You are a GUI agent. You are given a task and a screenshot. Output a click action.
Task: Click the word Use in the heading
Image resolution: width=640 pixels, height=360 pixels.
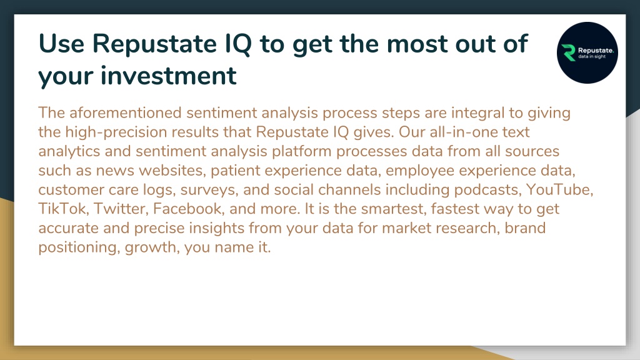point(61,43)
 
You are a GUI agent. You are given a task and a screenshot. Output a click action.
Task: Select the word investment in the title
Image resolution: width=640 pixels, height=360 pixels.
point(168,76)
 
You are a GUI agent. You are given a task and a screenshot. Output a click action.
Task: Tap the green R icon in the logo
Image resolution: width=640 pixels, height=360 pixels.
point(568,52)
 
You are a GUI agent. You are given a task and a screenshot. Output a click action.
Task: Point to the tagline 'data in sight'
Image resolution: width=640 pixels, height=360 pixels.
point(592,57)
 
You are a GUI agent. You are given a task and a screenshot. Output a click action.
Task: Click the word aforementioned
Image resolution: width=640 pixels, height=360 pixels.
point(125,112)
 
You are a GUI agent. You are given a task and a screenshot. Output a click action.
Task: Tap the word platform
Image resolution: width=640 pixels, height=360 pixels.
point(302,151)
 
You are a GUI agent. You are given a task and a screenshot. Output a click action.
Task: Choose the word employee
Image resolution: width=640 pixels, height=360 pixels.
point(420,171)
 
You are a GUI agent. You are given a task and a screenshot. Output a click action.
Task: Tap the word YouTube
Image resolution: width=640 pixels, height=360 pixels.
point(559,190)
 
